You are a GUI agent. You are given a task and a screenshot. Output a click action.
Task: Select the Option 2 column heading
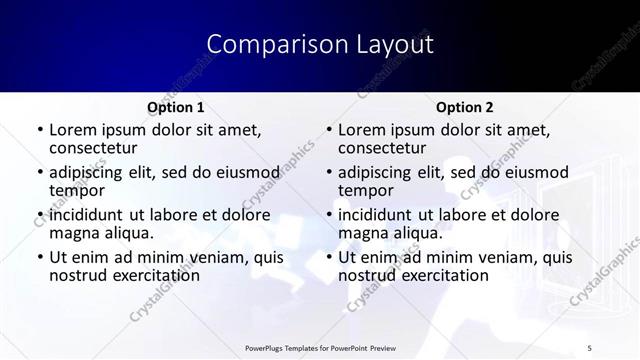[464, 107]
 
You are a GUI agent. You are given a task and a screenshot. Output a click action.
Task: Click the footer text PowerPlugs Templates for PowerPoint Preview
[319, 348]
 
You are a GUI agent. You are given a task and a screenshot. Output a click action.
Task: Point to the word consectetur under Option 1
[91, 148]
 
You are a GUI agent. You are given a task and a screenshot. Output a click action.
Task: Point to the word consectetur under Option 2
[380, 148]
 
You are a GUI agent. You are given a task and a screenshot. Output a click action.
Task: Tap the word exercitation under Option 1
[151, 275]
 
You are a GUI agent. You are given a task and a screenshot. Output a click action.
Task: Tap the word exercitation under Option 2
[440, 275]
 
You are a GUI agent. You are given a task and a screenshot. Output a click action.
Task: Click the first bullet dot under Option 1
[39, 130]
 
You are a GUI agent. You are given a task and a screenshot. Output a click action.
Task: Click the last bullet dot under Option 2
[328, 258]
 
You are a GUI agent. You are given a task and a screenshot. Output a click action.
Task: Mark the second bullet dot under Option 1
[39, 173]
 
